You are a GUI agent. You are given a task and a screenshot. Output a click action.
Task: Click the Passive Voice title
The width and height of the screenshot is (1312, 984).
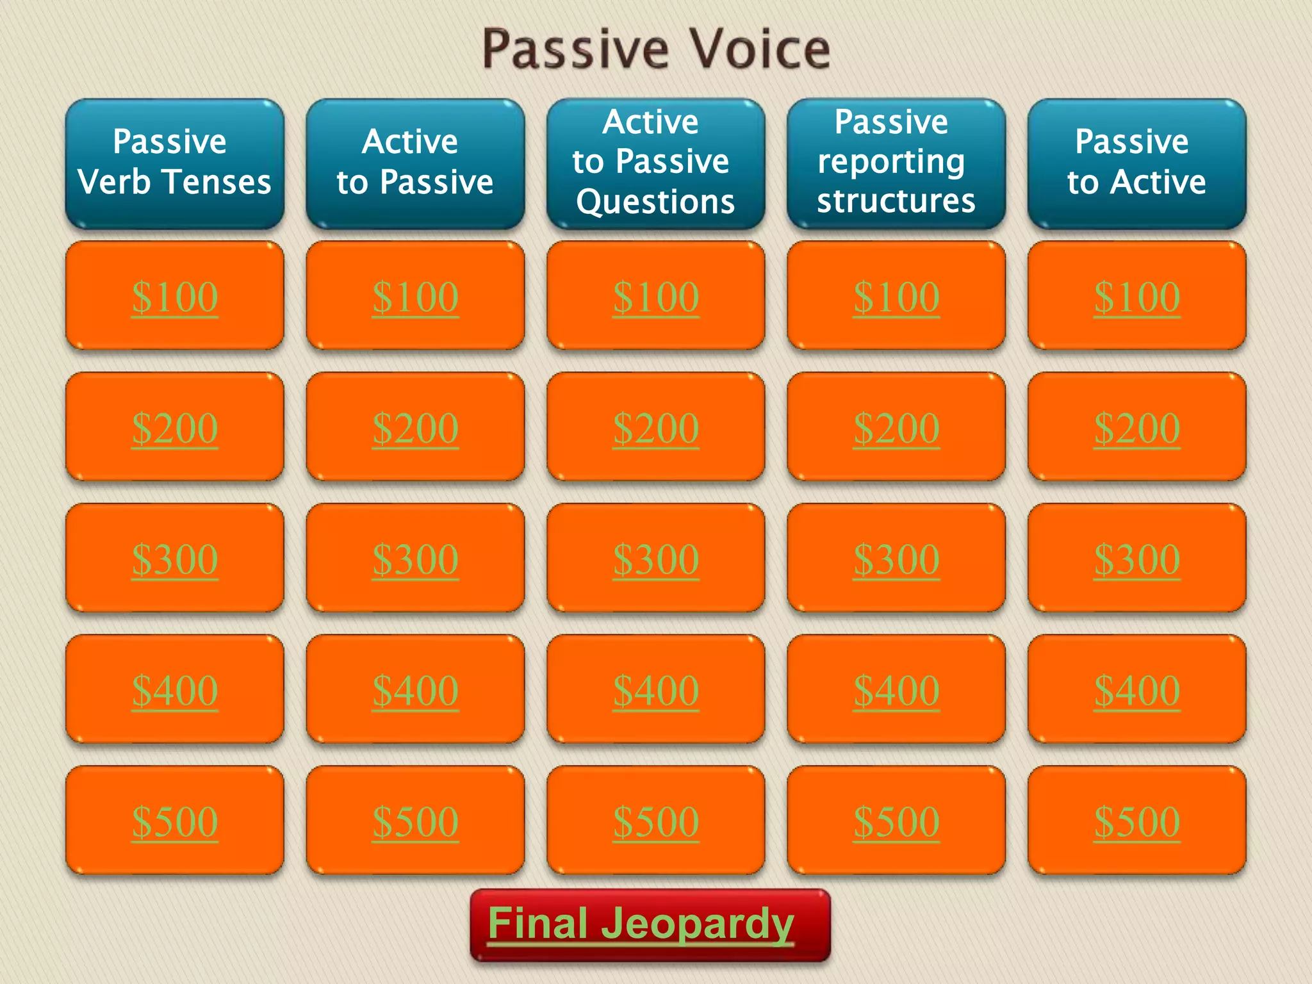point(656,50)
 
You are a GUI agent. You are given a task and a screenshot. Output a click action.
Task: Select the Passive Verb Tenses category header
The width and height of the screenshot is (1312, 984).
point(174,163)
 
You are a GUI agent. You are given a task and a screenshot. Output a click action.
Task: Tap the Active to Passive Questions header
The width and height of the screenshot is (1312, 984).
point(655,163)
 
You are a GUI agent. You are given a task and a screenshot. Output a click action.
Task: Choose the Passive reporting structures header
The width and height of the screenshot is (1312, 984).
point(896,163)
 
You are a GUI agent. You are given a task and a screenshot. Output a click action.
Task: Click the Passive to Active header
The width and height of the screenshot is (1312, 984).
point(1136,163)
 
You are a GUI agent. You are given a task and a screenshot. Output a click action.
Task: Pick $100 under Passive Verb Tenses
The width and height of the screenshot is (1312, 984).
point(174,297)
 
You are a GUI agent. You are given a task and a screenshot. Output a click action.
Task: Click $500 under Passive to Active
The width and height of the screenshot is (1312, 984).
point(1136,821)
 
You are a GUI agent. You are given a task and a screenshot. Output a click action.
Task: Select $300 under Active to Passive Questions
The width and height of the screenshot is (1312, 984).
point(655,559)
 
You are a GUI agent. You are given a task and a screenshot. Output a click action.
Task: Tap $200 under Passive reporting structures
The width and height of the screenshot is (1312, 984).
point(896,428)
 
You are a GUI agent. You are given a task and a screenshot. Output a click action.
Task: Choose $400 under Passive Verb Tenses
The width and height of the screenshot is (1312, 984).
point(174,691)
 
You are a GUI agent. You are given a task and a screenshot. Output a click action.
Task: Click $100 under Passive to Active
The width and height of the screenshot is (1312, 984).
point(1136,297)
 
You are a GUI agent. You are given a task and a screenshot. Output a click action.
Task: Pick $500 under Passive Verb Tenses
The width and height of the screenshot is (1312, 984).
point(174,821)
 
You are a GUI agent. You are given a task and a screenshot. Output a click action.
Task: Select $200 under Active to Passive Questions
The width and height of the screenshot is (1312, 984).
point(655,428)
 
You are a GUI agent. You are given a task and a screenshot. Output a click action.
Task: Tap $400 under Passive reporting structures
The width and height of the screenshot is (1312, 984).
point(896,691)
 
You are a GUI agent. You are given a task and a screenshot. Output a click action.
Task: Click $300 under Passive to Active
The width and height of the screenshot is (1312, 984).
point(1136,559)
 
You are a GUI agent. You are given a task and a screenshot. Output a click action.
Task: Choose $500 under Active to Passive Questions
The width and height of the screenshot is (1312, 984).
point(655,821)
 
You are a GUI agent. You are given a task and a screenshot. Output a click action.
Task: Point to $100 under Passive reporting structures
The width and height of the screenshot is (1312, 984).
point(896,297)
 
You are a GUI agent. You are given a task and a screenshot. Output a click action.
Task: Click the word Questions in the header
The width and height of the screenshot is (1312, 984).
point(655,202)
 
